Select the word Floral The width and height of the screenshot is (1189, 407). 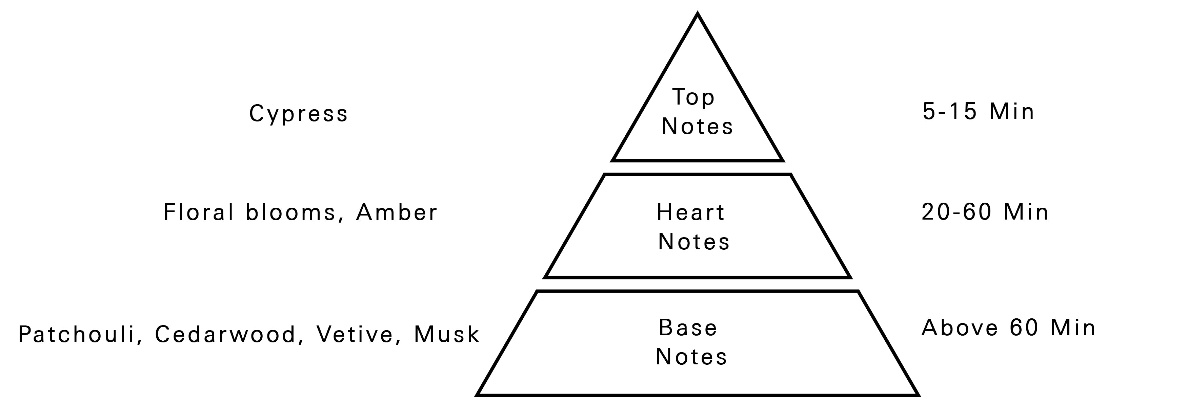point(199,212)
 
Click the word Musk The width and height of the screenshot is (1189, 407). point(447,334)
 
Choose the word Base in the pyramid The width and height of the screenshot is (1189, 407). point(688,328)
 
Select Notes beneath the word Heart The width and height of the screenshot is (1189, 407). point(694,242)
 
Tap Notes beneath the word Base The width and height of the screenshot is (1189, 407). point(691,356)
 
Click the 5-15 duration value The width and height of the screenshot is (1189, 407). point(949,112)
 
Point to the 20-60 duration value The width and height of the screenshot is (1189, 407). point(956,212)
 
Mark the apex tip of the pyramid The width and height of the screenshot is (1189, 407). point(698,15)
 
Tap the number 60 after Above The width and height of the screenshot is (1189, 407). point(1024,328)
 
